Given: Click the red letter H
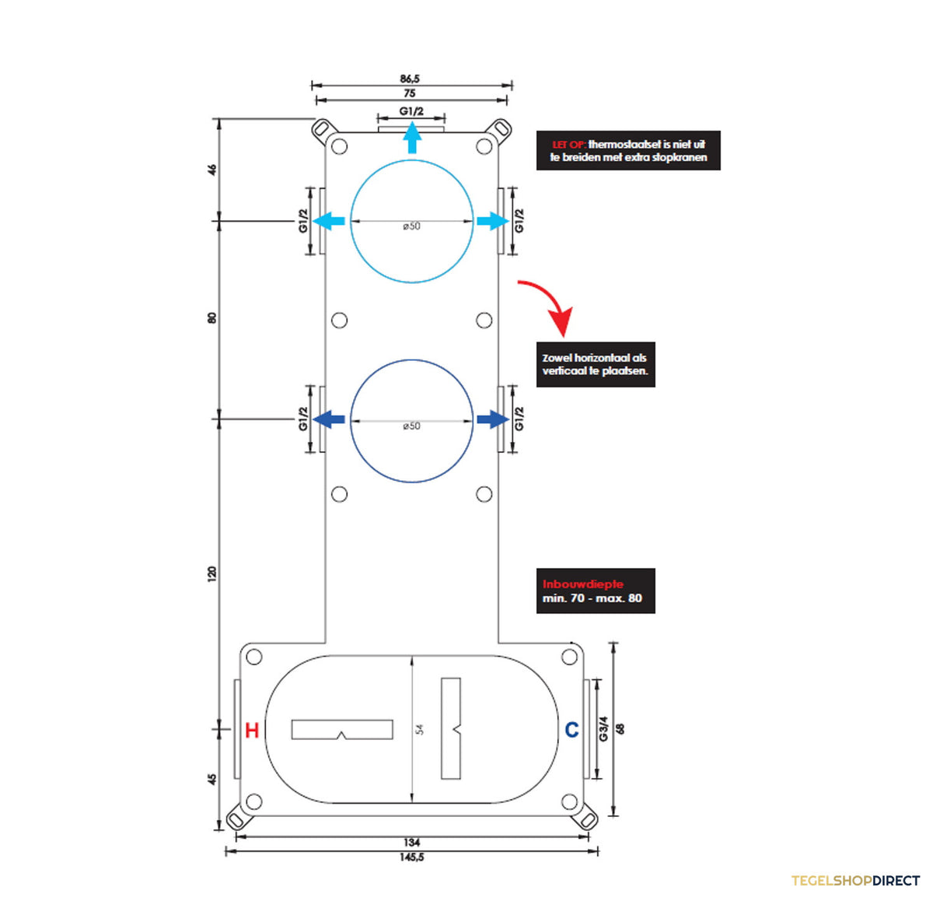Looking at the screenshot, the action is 252,730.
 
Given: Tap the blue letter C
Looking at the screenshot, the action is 571,729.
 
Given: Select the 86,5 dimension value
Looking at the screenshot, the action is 410,79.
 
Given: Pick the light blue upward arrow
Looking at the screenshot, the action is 412,137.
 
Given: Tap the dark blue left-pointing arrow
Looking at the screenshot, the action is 329,419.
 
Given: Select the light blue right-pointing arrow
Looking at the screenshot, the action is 493,221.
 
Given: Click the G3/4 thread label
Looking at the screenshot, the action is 603,729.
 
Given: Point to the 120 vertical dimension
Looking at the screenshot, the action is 212,573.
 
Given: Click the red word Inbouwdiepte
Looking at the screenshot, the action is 582,584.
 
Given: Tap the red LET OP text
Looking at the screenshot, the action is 569,145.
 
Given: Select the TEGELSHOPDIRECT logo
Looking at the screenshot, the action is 855,881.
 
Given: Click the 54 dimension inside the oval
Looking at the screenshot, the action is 420,729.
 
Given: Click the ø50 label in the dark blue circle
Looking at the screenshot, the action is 411,426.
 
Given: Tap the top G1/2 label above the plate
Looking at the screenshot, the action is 411,111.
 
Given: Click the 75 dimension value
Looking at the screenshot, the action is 410,93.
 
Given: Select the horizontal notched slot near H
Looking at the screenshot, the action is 342,729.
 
